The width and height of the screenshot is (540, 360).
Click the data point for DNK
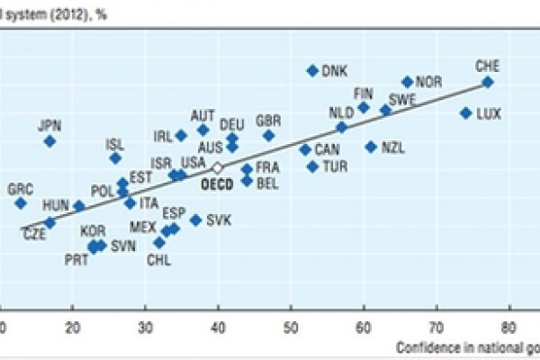[x=312, y=70]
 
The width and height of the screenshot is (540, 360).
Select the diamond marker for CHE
[x=487, y=82]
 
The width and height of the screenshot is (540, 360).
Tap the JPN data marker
[x=49, y=141]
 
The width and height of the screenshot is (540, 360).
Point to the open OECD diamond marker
[x=216, y=167]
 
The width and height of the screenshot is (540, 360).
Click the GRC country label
[x=20, y=189]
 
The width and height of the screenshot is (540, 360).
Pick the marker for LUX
[x=465, y=112]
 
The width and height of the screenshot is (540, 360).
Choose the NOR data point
[x=407, y=82]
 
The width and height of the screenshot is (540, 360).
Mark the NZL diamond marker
[x=371, y=147]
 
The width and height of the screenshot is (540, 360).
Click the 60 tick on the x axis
[x=364, y=327]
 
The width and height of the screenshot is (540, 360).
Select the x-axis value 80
[x=509, y=327]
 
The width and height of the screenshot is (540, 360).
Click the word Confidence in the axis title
[x=427, y=346]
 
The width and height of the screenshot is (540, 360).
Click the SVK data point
[x=195, y=220]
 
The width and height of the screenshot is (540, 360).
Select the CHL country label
[x=158, y=260]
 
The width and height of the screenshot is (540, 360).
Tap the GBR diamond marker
[x=268, y=135]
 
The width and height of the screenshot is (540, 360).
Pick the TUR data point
[x=312, y=166]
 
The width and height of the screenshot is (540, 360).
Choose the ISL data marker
[x=115, y=157]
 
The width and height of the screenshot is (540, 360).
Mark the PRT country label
[x=76, y=260]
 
